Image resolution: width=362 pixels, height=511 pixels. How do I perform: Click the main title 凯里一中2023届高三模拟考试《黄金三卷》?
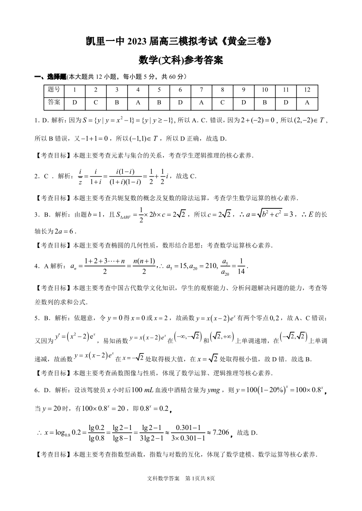coord(181,40)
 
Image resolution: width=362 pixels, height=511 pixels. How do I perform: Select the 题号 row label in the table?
coord(54,90)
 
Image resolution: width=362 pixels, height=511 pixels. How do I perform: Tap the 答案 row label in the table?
coord(54,102)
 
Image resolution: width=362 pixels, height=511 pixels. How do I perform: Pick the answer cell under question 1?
coord(74,102)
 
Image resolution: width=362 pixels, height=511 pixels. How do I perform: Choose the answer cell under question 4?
coord(138,102)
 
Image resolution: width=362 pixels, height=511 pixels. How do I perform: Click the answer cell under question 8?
coord(222,102)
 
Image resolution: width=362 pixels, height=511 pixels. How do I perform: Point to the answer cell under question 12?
coord(307,102)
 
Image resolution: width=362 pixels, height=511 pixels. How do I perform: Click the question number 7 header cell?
coord(201,90)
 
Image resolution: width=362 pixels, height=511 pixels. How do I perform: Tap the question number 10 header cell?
coord(264,90)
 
